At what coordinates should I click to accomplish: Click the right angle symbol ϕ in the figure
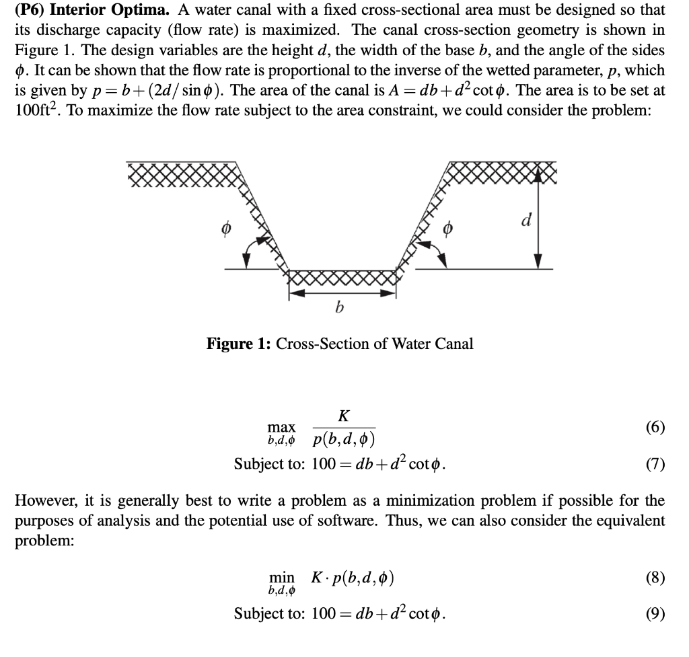click(445, 230)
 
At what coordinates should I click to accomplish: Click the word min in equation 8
click(281, 577)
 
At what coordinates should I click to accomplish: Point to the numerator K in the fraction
click(343, 416)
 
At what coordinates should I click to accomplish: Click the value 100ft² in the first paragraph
click(32, 110)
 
